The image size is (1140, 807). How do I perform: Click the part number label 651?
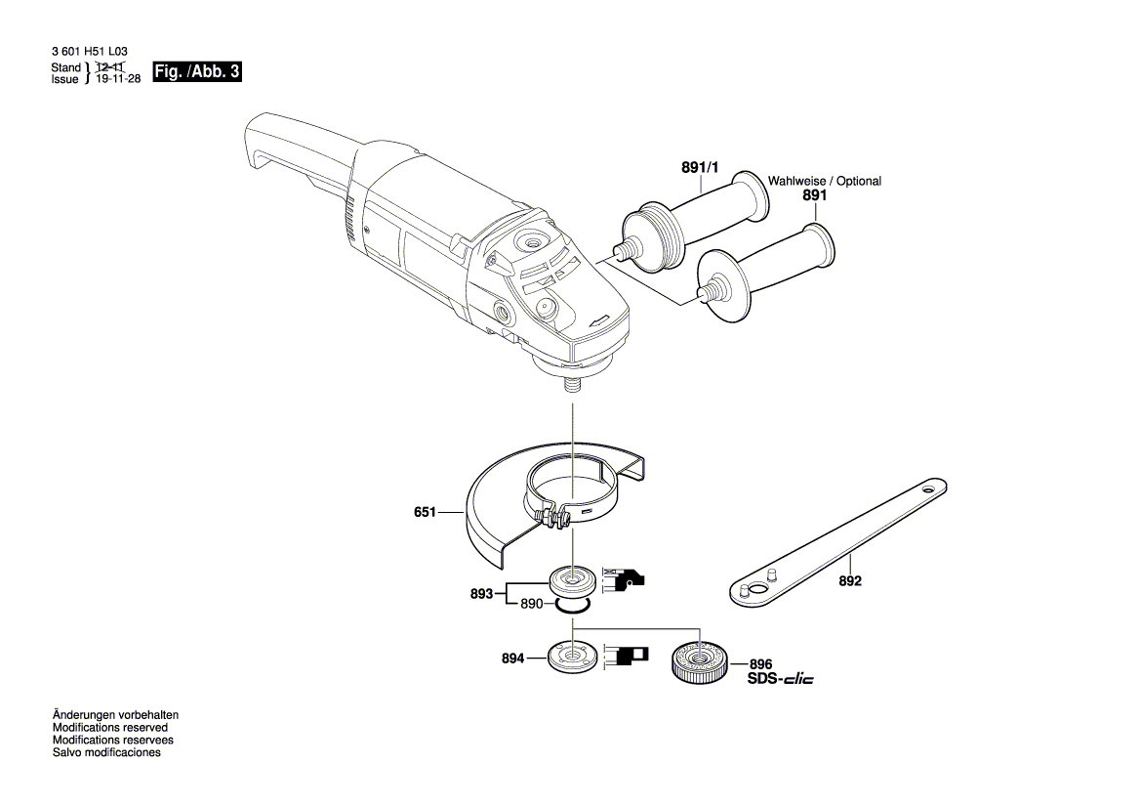[x=426, y=511]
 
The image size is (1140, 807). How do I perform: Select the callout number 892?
[x=850, y=580]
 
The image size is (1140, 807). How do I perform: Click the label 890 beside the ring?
[x=531, y=605]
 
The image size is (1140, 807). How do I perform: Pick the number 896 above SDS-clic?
[x=760, y=663]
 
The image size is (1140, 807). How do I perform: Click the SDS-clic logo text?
[x=780, y=679]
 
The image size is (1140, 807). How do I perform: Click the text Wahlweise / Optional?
[x=824, y=182]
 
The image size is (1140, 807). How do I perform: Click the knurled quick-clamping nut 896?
[x=695, y=661]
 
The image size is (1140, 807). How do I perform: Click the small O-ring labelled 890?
[x=571, y=608]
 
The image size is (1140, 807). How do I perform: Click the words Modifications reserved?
[x=109, y=728]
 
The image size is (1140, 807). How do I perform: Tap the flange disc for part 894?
[x=570, y=656]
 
